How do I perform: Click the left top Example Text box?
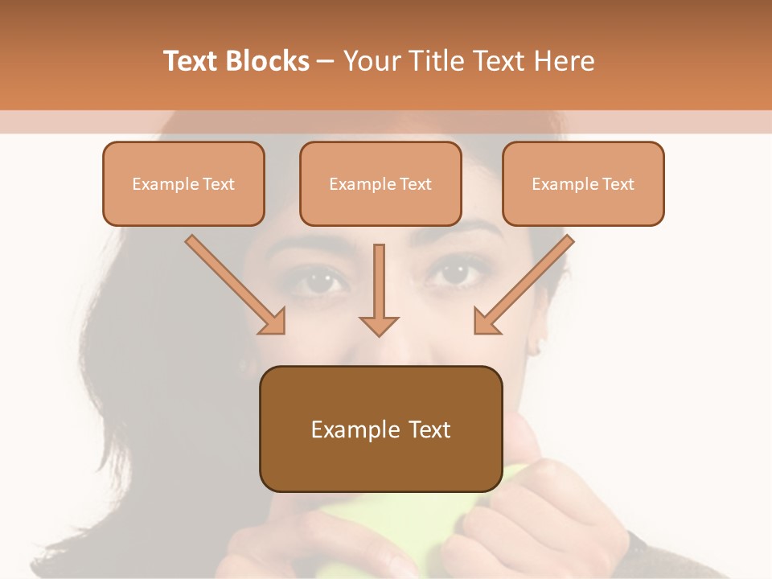(183, 183)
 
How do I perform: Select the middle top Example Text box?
(380, 183)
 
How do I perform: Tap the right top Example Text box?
(583, 183)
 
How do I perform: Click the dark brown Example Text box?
(380, 429)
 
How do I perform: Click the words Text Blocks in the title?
(236, 61)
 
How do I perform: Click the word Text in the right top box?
(618, 183)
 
